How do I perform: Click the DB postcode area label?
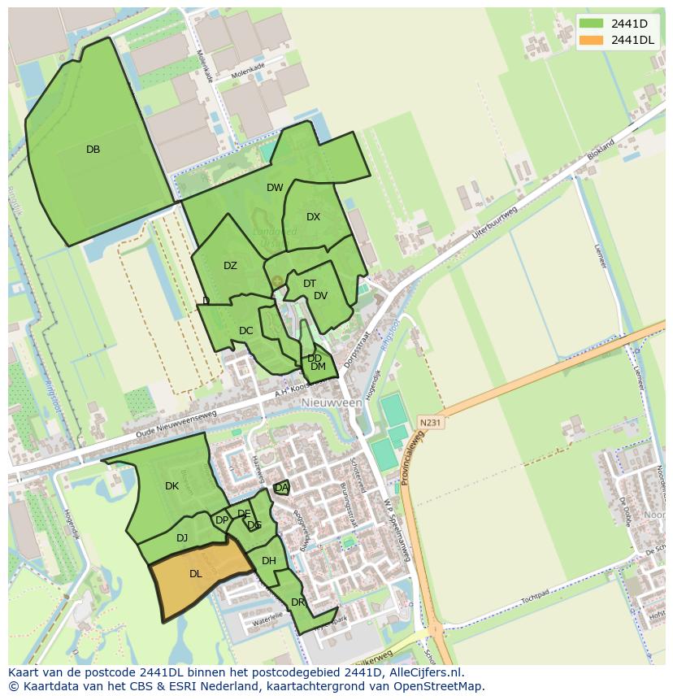pos(93,150)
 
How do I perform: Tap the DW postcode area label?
pos(275,188)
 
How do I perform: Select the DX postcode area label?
pos(314,217)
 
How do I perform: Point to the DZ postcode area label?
pos(230,266)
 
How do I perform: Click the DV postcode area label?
pos(320,296)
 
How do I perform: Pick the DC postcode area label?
pos(246,331)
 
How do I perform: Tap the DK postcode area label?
pos(172,486)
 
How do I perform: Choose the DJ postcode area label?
pos(182,537)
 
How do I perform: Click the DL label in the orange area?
pos(195,574)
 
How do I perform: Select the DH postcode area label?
pos(269,561)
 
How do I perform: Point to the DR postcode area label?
pos(297,602)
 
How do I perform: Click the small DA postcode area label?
pos(281,488)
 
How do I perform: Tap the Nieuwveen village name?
pos(331,402)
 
